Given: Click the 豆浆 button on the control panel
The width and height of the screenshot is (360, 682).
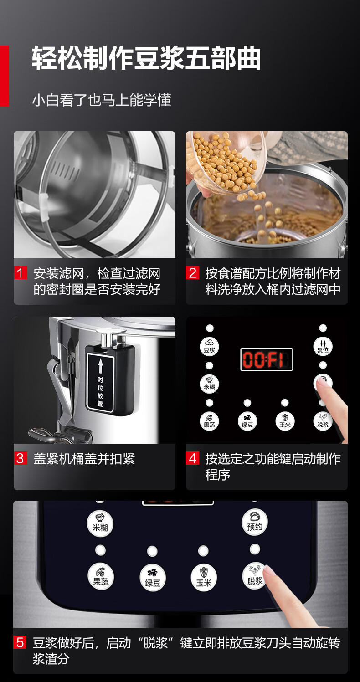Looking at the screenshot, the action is click(x=209, y=347).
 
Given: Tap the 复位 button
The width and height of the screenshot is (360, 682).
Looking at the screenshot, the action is click(x=323, y=347).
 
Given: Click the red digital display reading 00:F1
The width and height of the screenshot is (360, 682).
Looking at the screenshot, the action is click(x=267, y=359).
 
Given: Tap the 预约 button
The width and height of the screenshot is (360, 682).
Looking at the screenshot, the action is click(x=255, y=523).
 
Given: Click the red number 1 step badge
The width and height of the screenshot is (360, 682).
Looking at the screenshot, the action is click(x=21, y=273).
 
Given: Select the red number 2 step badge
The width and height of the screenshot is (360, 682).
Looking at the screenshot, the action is click(x=192, y=273).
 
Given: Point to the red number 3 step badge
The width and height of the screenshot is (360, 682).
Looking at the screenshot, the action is click(x=21, y=458).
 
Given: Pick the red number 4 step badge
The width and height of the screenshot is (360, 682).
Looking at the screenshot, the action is click(x=192, y=458).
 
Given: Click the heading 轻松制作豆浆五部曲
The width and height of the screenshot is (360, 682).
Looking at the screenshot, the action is click(x=146, y=58).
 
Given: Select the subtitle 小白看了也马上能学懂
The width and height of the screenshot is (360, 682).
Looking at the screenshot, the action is click(x=102, y=100).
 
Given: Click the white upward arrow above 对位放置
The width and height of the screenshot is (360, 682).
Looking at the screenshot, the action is click(x=100, y=365).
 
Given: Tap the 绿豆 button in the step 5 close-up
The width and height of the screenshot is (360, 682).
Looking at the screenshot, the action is click(x=152, y=578).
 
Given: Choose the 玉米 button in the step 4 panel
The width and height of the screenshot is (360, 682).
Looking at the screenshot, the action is click(x=285, y=421).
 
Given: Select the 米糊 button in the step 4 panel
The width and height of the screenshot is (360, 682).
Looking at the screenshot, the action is click(x=209, y=384).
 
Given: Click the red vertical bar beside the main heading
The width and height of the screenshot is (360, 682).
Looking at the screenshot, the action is click(x=5, y=76).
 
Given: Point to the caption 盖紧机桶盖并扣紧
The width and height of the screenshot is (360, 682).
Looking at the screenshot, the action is click(x=84, y=459).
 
